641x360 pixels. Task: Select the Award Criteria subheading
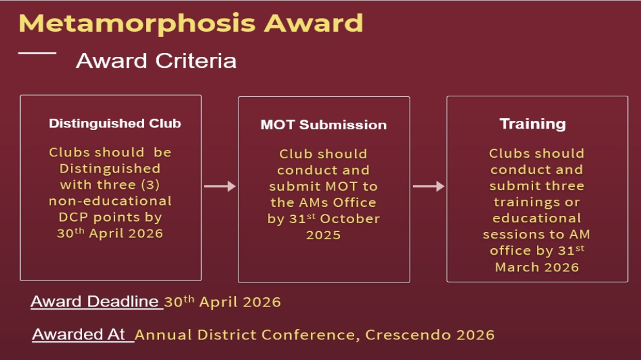pos(156,61)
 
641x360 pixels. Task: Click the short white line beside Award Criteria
pos(37,53)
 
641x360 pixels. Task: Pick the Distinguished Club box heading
pos(114,123)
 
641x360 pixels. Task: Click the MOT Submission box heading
pos(323,125)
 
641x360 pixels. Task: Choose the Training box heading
pos(532,123)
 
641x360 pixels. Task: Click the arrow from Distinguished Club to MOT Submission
pos(220,186)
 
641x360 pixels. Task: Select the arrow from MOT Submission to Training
pos(428,186)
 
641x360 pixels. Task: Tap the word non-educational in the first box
pos(110,200)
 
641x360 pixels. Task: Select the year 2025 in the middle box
pos(323,235)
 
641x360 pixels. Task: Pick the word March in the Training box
pos(517,267)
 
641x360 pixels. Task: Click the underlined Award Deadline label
pos(95,302)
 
